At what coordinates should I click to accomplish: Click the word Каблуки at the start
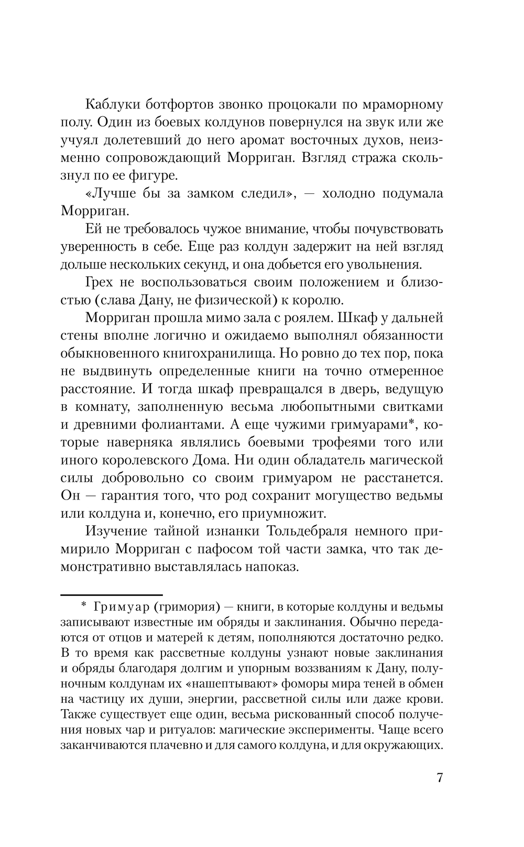coord(112,104)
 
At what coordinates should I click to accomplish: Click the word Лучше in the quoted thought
coord(116,193)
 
